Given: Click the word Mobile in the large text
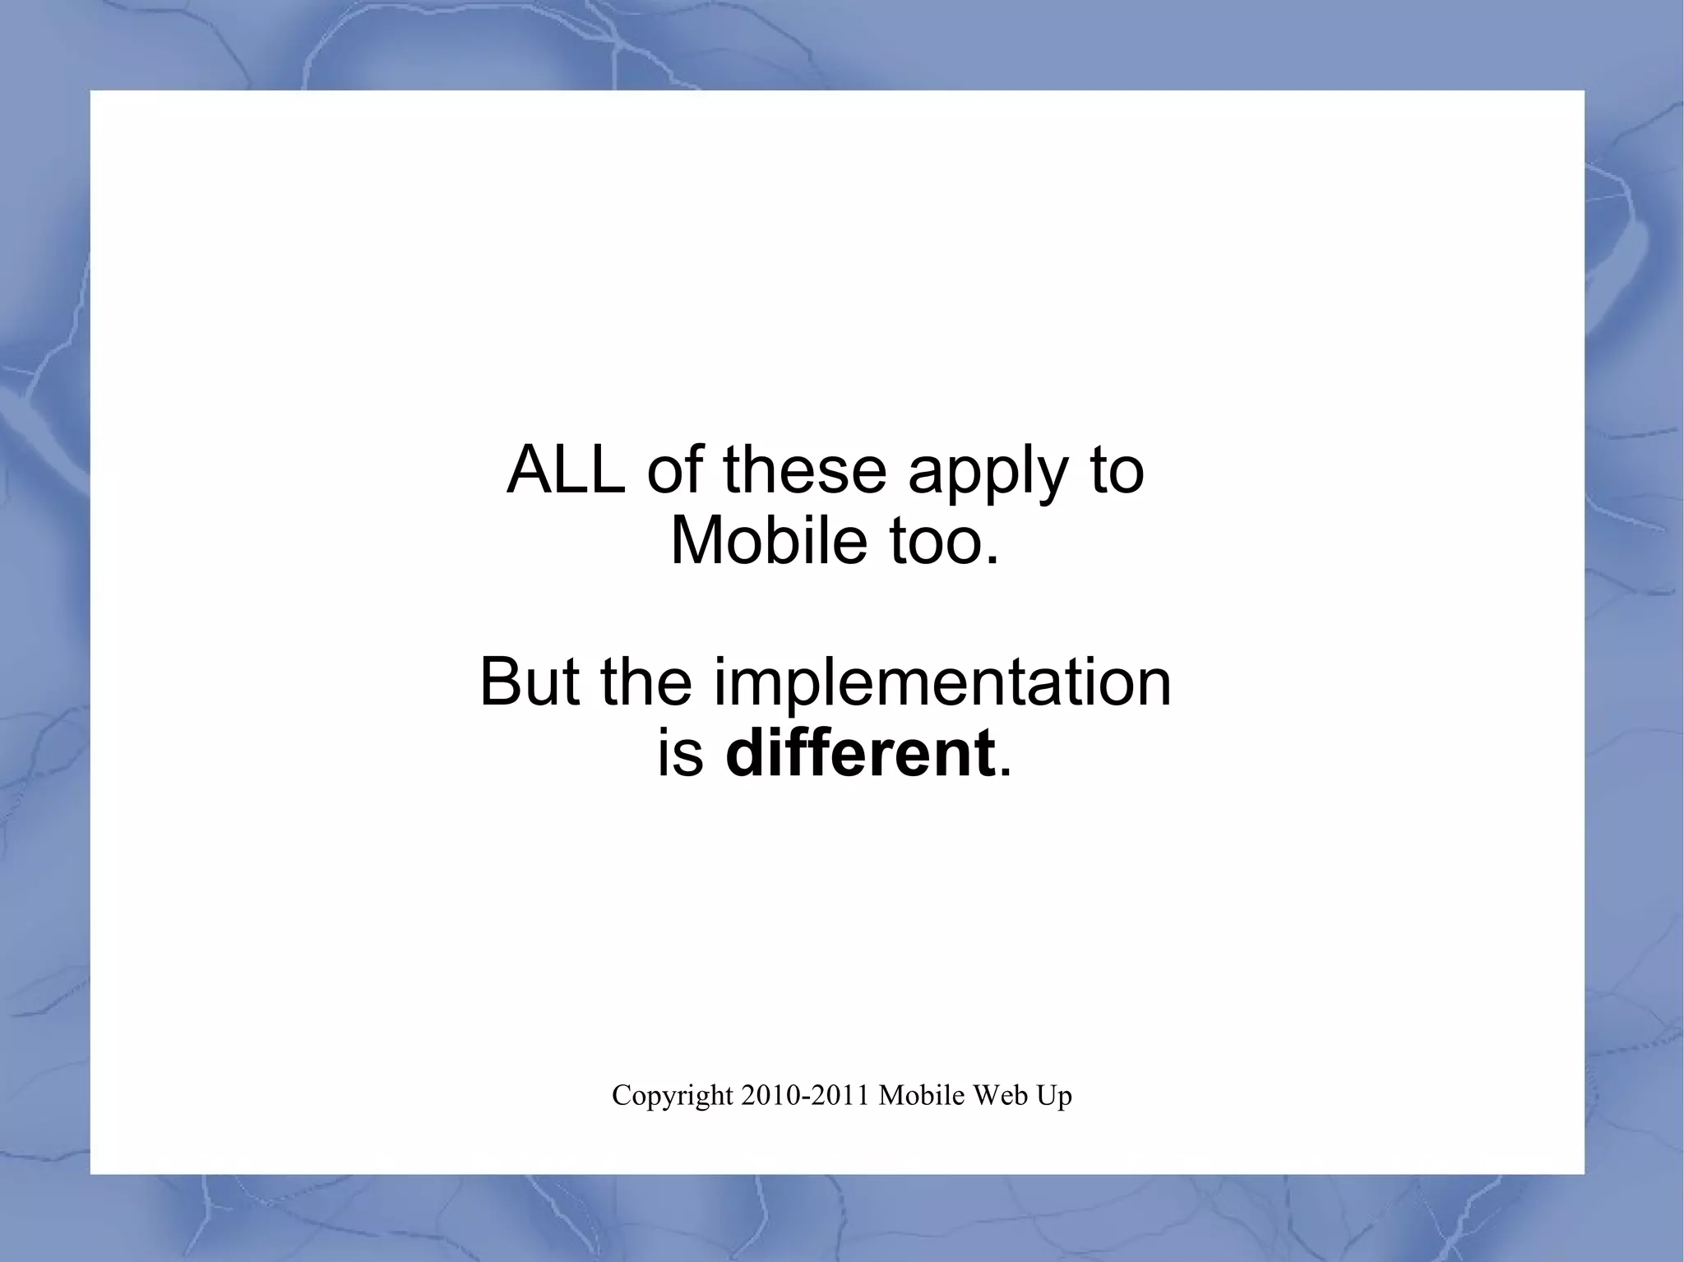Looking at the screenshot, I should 768,542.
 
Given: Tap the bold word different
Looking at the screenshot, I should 860,754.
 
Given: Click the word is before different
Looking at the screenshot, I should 681,754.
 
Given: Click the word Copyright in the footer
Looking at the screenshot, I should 673,1096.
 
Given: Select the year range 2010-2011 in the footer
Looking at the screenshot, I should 805,1095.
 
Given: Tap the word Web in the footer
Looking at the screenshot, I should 996,1095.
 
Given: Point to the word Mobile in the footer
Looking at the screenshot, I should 921,1095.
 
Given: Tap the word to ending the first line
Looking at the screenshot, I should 1117,472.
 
